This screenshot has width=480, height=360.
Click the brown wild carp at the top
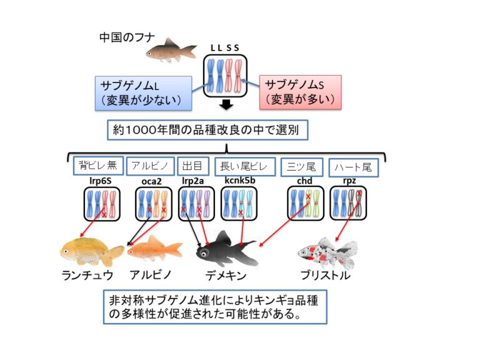(x=169, y=49)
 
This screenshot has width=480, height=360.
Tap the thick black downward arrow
(x=227, y=105)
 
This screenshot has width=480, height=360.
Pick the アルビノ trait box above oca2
(x=150, y=166)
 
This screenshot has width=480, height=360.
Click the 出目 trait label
(x=192, y=166)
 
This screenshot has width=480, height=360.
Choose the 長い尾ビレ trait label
(x=244, y=166)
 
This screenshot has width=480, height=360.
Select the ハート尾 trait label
(x=354, y=167)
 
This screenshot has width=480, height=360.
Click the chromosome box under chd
(x=304, y=203)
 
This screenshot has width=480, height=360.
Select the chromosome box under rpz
(x=348, y=204)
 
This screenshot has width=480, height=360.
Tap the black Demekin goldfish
(x=228, y=248)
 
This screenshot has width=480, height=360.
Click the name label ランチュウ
(x=87, y=276)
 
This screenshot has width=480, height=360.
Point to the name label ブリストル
(x=324, y=276)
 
